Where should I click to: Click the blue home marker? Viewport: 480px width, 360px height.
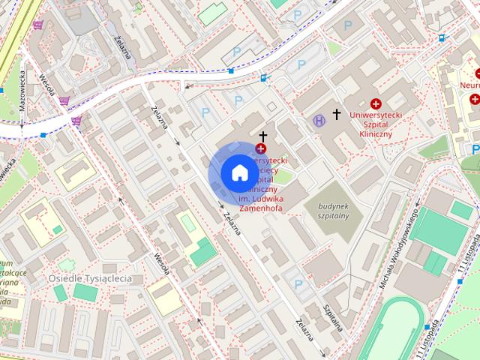[238, 172]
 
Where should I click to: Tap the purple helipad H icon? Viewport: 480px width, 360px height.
[319, 118]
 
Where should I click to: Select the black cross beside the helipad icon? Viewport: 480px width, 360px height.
[337, 115]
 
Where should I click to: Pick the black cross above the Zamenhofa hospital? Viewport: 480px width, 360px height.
[262, 136]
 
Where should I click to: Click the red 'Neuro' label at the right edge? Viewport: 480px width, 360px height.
[469, 85]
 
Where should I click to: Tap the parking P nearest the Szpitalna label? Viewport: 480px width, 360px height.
[299, 284]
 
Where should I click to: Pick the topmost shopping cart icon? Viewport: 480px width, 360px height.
[37, 25]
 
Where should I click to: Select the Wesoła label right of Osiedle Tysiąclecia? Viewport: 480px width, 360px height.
[160, 263]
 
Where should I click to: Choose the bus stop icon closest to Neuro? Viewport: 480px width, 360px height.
[442, 37]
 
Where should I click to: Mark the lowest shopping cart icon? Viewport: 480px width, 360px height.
[76, 120]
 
